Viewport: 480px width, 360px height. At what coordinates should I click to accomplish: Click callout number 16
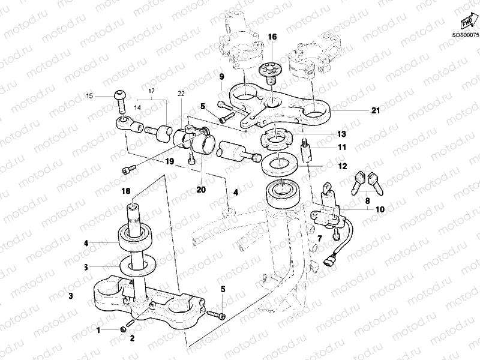[272, 37]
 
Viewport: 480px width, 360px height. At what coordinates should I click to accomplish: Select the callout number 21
[376, 111]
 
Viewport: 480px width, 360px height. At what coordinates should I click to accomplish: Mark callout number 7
[320, 238]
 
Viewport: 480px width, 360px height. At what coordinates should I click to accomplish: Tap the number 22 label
[181, 93]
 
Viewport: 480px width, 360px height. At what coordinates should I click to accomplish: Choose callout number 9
[221, 77]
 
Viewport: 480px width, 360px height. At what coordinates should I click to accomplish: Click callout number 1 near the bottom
[98, 329]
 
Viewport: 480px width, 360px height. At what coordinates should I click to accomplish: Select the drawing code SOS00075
[466, 35]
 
